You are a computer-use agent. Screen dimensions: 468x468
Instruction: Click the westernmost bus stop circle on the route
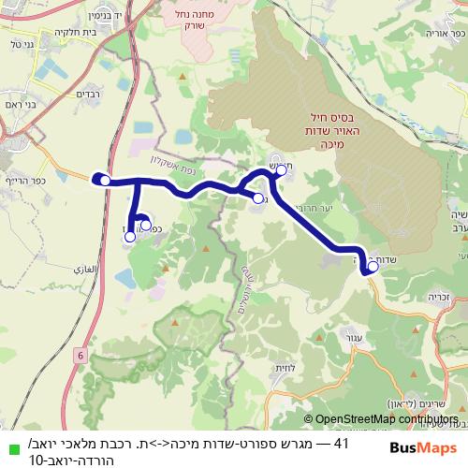[106, 181]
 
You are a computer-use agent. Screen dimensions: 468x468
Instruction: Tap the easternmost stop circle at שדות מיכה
[373, 267]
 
